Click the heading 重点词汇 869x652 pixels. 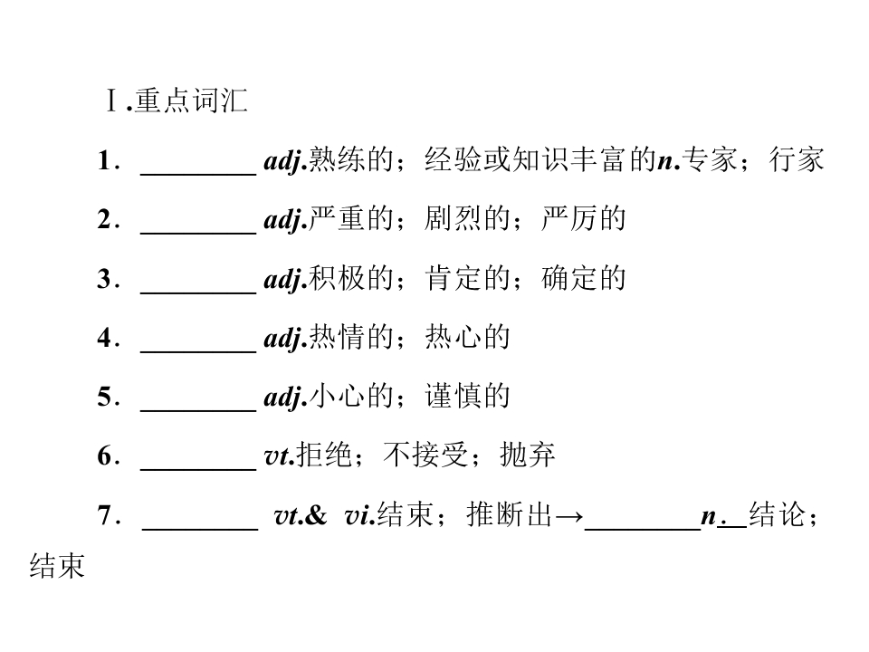click(191, 101)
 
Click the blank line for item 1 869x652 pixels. click(198, 175)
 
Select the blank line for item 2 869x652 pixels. click(198, 234)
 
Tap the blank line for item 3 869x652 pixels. click(198, 292)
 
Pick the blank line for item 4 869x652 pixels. click(198, 351)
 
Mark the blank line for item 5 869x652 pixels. click(198, 411)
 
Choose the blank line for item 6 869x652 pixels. click(198, 470)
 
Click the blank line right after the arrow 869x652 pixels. click(643, 530)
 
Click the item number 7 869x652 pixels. click(105, 514)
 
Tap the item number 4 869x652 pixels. click(105, 337)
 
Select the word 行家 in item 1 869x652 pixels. click(797, 159)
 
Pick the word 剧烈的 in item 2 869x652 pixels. click(467, 218)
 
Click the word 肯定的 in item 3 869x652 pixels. click(467, 278)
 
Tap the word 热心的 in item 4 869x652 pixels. click(467, 337)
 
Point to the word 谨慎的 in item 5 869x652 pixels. click(467, 396)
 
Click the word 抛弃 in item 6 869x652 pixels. click(527, 455)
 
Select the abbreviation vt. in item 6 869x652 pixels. click(280, 456)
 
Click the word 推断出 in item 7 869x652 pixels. click(510, 514)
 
